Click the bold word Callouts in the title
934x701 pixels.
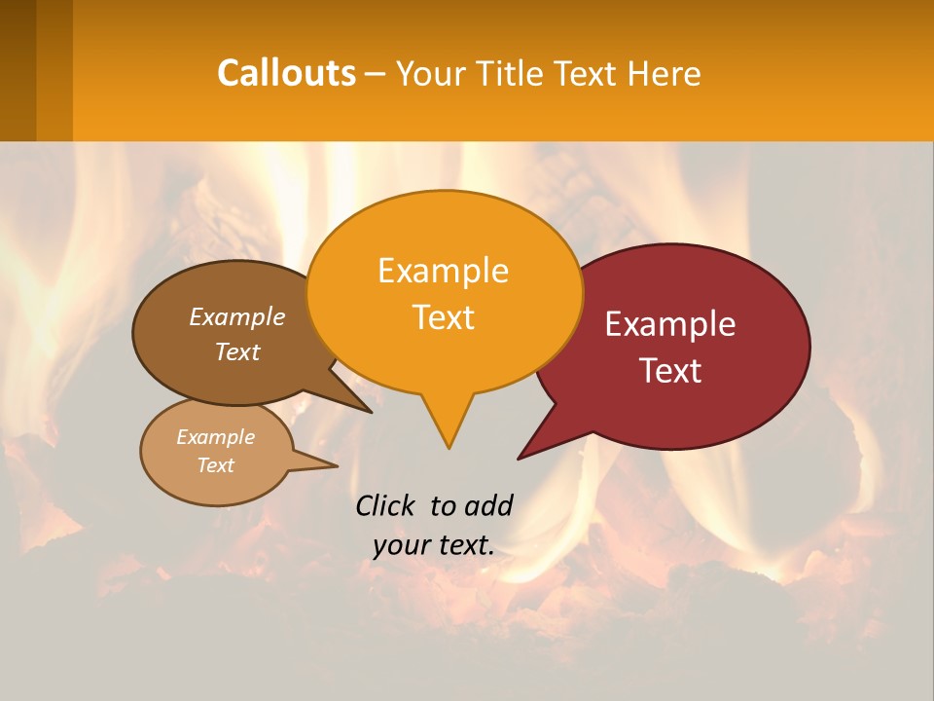pos(286,73)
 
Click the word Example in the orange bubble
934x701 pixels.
pos(443,271)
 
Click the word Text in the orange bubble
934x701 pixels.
pos(443,317)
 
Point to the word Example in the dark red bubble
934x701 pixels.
pos(670,324)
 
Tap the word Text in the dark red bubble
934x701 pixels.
pos(670,371)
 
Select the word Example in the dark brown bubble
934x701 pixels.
pos(237,317)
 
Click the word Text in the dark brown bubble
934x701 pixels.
pos(237,352)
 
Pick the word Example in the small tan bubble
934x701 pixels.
pos(215,437)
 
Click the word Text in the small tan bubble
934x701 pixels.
pos(215,465)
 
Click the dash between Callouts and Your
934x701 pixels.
pos(377,74)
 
